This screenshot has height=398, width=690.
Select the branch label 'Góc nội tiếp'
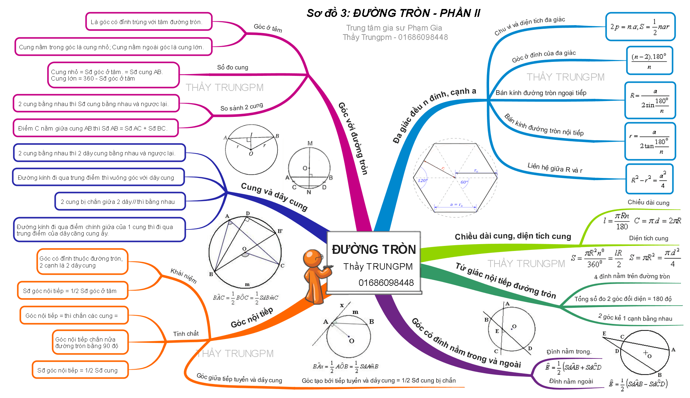coord(252,317)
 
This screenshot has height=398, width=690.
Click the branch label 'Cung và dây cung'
coord(274,196)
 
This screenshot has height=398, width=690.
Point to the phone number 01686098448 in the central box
coord(386,283)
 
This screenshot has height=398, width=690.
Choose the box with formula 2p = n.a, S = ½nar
coord(640,27)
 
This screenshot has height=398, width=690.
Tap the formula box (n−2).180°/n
coord(649,61)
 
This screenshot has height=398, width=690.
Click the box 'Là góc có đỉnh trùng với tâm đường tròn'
coord(148,22)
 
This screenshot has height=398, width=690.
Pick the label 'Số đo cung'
coord(233,68)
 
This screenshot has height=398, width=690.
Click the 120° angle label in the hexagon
coord(422,180)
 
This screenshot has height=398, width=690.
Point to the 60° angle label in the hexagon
coord(464,182)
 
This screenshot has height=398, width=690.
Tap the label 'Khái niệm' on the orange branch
coord(184,276)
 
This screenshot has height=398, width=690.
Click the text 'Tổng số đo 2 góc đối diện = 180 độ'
coord(623,299)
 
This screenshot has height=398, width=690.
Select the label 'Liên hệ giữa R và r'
coord(555,168)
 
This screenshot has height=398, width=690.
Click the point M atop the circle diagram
coord(310,143)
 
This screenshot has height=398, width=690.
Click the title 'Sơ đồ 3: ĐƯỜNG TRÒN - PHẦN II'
coord(393,13)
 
